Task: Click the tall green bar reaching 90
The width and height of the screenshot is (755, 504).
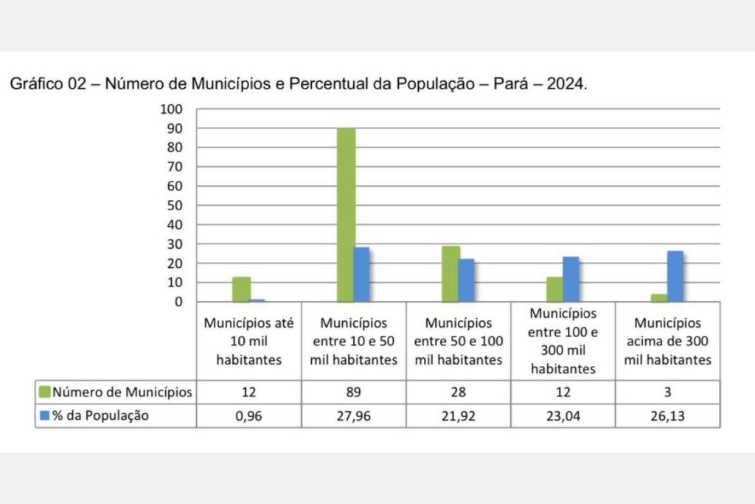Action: (346, 215)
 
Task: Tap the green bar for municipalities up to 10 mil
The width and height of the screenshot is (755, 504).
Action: (241, 289)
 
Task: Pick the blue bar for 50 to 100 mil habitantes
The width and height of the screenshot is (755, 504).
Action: (466, 280)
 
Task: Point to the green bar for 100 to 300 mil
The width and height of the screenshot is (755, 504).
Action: (555, 289)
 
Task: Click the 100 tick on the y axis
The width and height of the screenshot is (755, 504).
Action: (172, 109)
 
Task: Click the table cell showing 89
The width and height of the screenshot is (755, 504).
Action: (353, 393)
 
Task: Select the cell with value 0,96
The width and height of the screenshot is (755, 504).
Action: (248, 416)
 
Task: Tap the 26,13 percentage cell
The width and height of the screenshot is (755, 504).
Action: (667, 416)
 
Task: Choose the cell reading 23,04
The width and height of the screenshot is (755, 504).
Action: (563, 416)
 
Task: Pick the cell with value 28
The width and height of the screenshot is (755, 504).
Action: (458, 393)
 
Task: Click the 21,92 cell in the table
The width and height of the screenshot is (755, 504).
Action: (458, 416)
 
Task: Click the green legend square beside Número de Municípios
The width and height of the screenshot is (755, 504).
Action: (44, 393)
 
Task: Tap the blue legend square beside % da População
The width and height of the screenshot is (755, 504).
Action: (44, 416)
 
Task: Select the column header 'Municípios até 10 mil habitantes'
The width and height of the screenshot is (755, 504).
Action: (248, 341)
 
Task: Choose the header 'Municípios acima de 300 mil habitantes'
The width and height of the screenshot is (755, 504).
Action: (667, 341)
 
